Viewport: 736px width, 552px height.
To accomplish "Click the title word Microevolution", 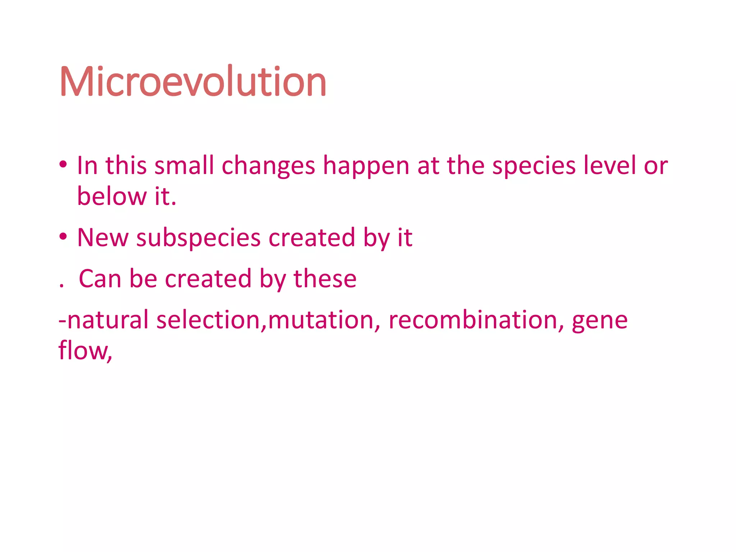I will [193, 82].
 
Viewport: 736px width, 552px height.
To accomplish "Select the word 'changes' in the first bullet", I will [268, 166].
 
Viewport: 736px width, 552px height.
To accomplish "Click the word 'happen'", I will [366, 166].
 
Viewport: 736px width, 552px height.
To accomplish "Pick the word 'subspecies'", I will [198, 238].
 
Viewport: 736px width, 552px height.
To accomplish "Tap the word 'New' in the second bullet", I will [102, 238].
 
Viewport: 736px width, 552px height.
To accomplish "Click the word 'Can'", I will [100, 279].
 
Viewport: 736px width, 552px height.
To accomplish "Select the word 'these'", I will [325, 279].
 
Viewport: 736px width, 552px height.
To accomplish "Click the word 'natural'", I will [107, 320].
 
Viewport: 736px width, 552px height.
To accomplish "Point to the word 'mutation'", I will [321, 320].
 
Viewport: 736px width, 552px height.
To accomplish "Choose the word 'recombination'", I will [473, 320].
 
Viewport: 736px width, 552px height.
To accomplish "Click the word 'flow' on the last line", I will [82, 350].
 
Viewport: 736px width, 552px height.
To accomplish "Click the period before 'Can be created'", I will [61, 286].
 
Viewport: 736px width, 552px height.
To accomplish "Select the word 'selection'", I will [208, 320].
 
